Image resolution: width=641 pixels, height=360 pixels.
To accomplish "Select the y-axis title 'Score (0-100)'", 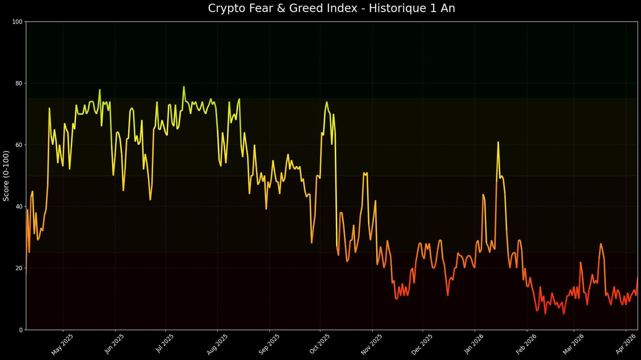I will coord(6,176).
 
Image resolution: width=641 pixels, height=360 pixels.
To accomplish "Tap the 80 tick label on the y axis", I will coord(18,83).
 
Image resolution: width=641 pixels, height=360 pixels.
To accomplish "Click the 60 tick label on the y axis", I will coord(18,145).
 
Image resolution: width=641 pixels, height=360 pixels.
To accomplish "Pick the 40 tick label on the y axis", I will coord(18,206).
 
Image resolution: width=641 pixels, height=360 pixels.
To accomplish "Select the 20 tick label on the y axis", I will coord(18,268).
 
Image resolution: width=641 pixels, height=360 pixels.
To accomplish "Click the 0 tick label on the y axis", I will coord(20,330).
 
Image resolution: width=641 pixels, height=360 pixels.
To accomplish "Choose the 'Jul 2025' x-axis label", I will coord(165,344).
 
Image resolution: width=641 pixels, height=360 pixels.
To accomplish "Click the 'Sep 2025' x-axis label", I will coord(268,344).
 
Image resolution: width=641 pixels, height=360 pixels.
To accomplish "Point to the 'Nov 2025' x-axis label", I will coord(371,344).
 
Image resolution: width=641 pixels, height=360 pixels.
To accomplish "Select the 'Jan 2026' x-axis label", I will coord(474,344).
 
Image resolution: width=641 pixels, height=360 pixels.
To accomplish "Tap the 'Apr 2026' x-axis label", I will coord(625,344).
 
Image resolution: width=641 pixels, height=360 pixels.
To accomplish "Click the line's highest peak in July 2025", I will coord(184,87).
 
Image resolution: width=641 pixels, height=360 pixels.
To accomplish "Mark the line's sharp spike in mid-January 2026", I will coord(498,142).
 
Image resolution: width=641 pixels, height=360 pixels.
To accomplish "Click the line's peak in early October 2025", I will coord(327,102).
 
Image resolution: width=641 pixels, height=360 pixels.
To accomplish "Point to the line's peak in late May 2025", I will coord(100,90).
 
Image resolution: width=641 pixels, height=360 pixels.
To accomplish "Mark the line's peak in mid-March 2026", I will coord(601,244).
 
